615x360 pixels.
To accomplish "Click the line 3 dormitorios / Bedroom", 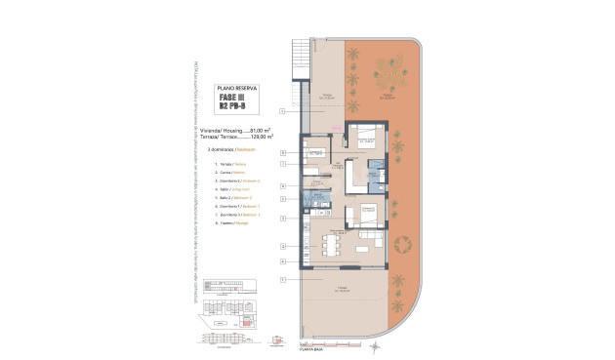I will pyautogui.click(x=230, y=149).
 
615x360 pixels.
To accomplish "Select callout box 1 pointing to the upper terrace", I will pyautogui.click(x=281, y=113).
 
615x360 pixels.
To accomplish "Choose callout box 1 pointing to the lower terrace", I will pyautogui.click(x=281, y=280).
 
